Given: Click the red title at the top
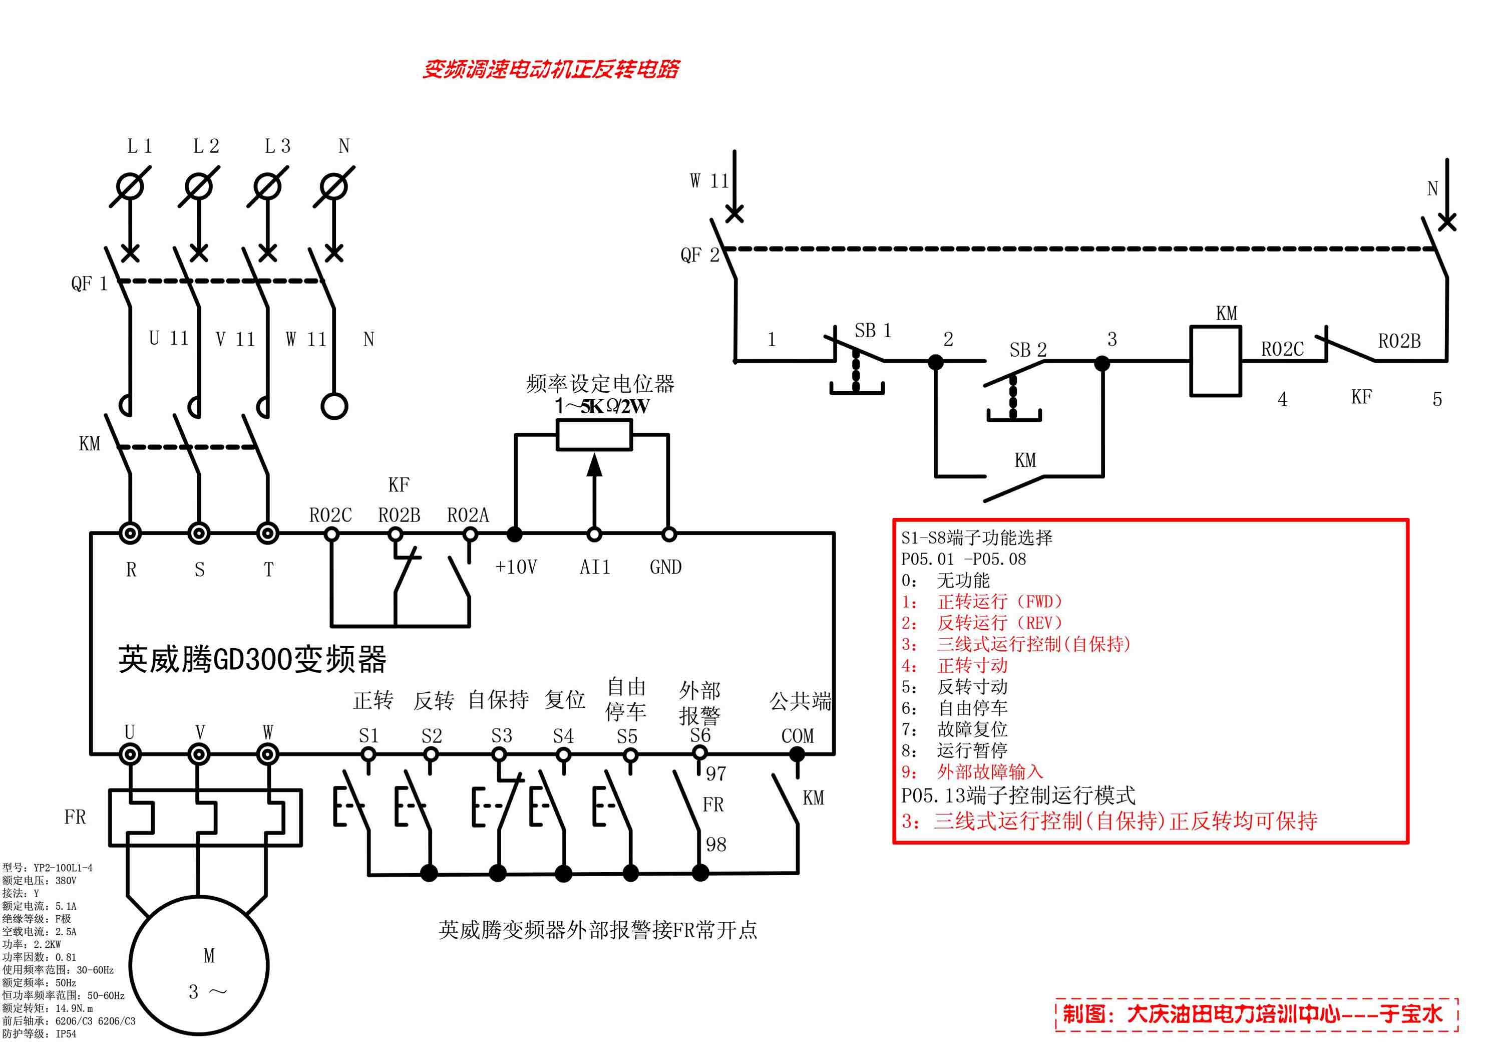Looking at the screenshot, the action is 551,69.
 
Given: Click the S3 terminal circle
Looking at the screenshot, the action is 499,755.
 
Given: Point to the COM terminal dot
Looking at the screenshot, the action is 797,755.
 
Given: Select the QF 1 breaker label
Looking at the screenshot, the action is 89,284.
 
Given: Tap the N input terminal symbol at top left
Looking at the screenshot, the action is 334,187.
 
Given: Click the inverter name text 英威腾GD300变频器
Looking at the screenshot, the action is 253,659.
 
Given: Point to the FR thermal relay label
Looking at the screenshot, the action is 75,817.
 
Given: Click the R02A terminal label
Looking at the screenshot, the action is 468,515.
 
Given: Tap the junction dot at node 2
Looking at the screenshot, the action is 936,362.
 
